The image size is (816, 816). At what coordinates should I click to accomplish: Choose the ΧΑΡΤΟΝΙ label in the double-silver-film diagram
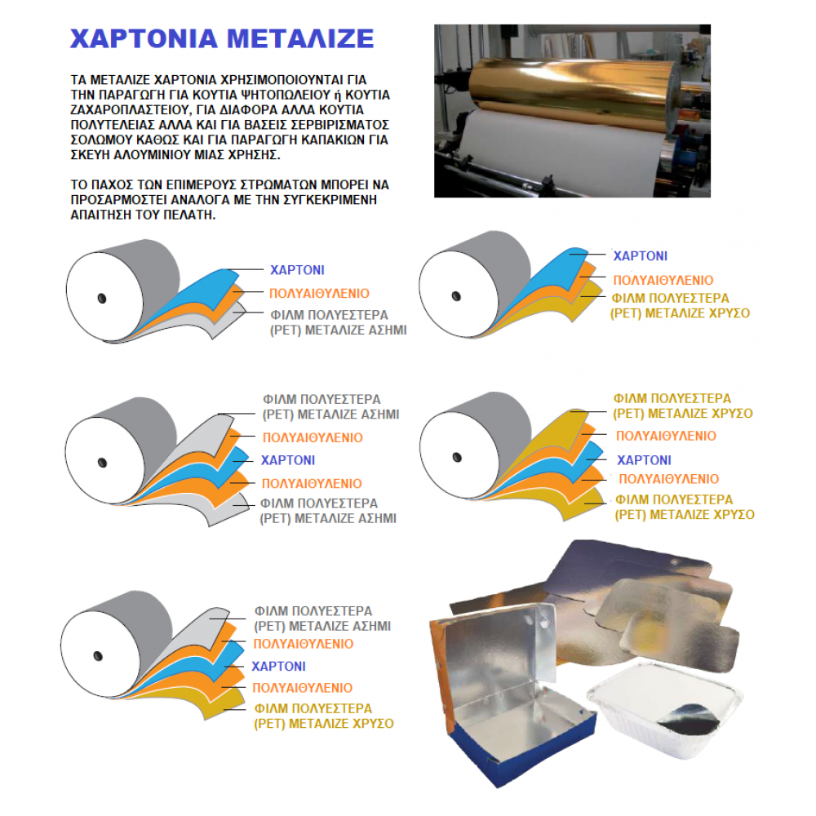point(287,460)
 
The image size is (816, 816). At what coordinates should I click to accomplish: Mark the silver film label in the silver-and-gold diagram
point(322,619)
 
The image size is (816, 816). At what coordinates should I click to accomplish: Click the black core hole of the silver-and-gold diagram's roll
point(98,654)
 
